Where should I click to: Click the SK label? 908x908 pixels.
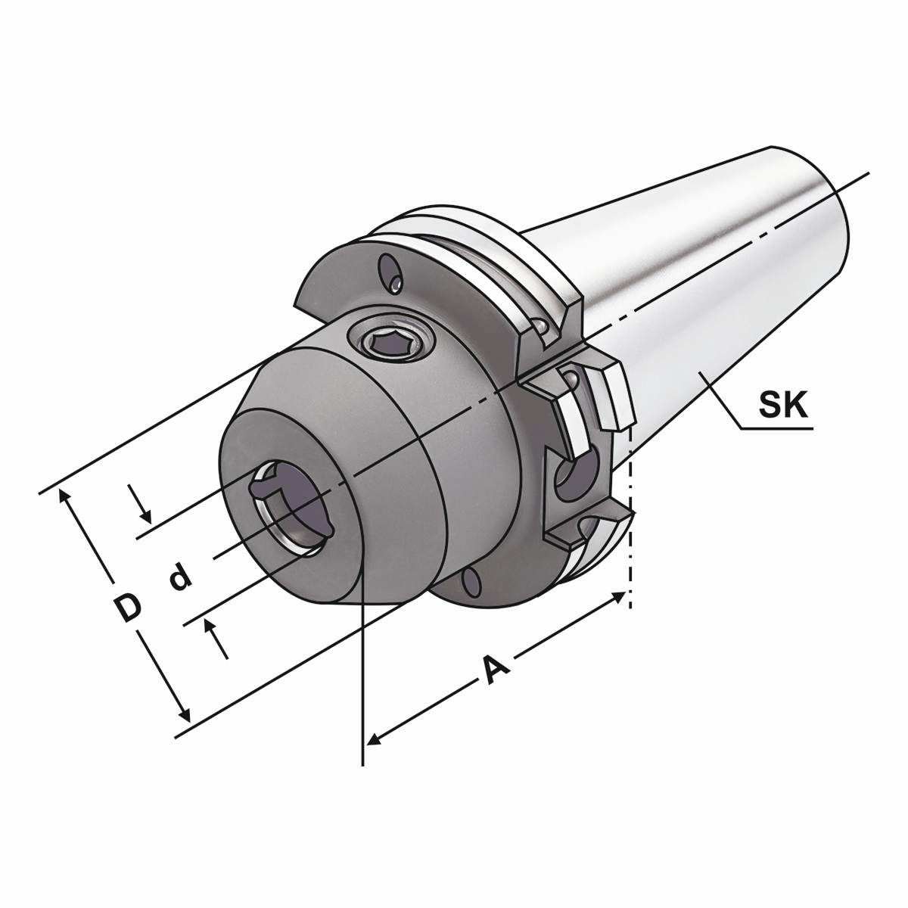(x=783, y=407)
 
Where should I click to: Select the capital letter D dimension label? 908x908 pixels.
(x=128, y=608)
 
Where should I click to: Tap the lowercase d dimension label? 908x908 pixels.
(x=179, y=578)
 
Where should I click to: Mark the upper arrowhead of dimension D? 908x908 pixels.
(x=65, y=496)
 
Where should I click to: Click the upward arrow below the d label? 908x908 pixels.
(x=212, y=625)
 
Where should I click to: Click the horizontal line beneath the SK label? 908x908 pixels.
(x=776, y=429)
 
